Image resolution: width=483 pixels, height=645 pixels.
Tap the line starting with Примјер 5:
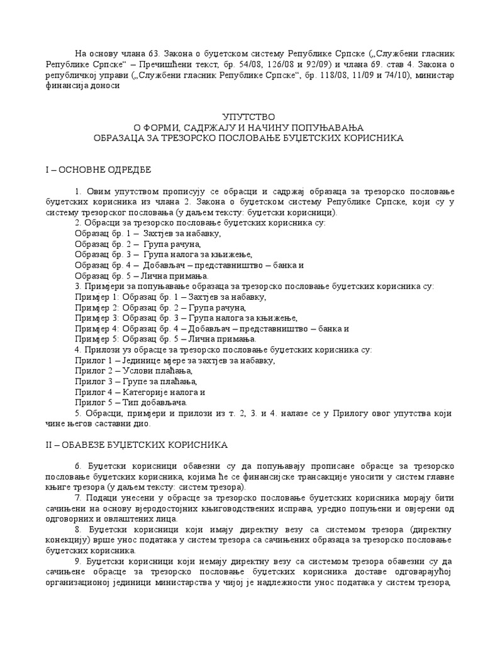coord(164,339)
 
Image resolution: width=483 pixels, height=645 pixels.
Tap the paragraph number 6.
coord(78,466)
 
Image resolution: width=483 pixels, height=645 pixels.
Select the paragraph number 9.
coord(78,561)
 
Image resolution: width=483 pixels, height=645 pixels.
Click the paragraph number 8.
coord(78,530)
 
